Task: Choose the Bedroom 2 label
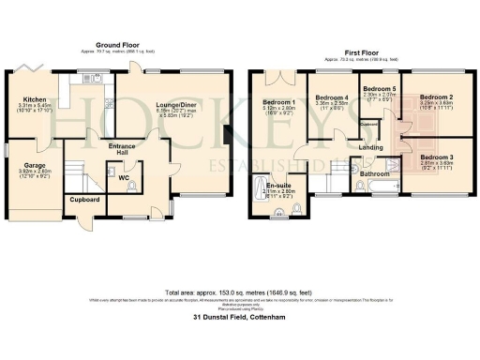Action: coord(436,97)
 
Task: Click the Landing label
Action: coord(370,146)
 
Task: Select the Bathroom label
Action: coord(376,174)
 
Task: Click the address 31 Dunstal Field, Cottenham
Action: coord(240,319)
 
